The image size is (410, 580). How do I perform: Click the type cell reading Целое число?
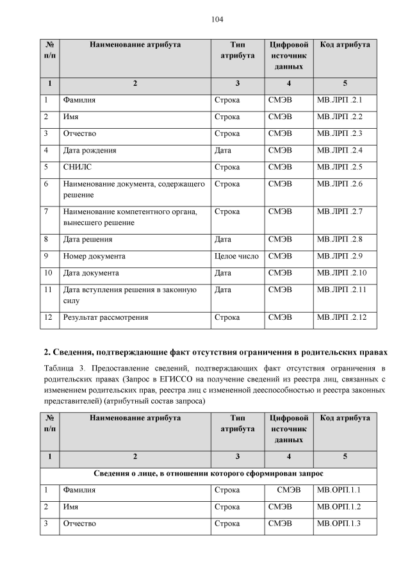tap(236, 256)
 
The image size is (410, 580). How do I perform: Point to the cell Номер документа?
tap(94, 256)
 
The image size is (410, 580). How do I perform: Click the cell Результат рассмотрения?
tap(105, 317)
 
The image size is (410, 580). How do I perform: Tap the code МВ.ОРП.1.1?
tap(339, 491)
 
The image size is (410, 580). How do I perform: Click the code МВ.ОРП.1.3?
tap(339, 524)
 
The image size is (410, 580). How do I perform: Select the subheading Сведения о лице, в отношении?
tap(209, 474)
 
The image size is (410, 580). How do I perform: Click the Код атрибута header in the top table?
tap(344, 45)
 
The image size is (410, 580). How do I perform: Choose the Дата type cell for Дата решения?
tap(224, 239)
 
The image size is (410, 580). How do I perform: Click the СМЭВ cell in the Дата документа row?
tap(280, 272)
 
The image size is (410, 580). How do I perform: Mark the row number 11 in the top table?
tap(48, 290)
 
